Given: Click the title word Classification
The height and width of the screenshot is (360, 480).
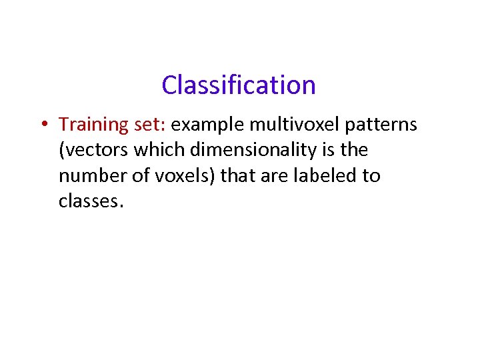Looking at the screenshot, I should tap(239, 85).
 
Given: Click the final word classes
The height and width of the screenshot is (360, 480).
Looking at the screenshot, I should tap(90, 201).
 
